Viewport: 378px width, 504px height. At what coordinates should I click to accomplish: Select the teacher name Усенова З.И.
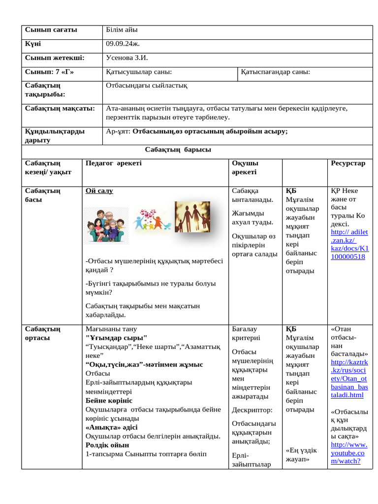pyautogui.click(x=127, y=58)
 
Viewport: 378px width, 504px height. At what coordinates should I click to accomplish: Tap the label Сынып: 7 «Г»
pyautogui.click(x=49, y=72)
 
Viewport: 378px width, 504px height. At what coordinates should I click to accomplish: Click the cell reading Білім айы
pyautogui.click(x=122, y=30)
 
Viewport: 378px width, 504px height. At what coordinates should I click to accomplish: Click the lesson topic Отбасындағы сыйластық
pyautogui.click(x=147, y=86)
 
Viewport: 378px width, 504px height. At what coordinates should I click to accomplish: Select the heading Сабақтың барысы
pyautogui.click(x=178, y=150)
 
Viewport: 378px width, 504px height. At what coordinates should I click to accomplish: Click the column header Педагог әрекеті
pyautogui.click(x=113, y=163)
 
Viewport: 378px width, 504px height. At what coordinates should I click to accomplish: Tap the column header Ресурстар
pyautogui.click(x=348, y=163)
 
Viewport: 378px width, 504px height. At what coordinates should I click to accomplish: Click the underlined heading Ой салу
pyautogui.click(x=99, y=191)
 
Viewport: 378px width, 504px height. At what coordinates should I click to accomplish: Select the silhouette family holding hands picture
pyautogui.click(x=192, y=217)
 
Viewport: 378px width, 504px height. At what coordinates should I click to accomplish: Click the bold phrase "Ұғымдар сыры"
pyautogui.click(x=116, y=338)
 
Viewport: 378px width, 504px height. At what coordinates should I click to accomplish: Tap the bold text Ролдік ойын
pyautogui.click(x=107, y=444)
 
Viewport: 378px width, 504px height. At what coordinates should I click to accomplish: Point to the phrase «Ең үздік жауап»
pyautogui.click(x=301, y=454)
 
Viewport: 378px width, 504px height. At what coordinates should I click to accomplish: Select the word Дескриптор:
pyautogui.click(x=252, y=409)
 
